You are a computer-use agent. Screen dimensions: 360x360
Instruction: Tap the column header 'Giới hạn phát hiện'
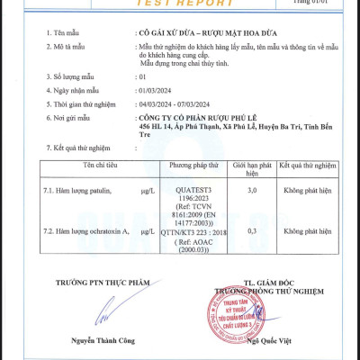[251, 170]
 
